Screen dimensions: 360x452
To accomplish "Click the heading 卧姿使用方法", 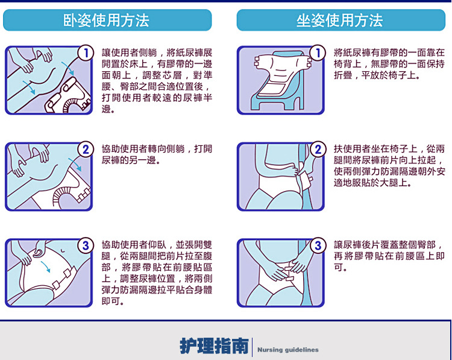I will [107, 21].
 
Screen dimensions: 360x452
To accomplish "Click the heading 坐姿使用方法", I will [339, 21].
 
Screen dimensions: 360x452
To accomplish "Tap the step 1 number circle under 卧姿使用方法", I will [86, 54].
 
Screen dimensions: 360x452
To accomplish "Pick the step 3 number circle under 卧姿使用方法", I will [86, 245].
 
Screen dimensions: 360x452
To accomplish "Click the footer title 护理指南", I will [214, 346].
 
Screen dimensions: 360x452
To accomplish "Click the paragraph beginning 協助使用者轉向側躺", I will [157, 154].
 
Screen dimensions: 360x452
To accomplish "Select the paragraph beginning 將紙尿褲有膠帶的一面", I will [389, 63].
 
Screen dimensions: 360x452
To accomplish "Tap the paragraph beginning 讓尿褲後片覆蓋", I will [389, 256].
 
